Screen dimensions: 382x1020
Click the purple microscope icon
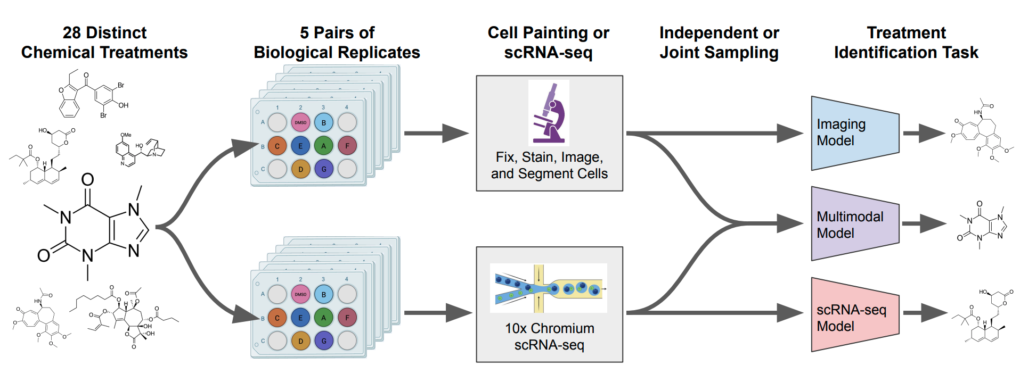pos(549,113)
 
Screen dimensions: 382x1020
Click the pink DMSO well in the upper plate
pos(300,122)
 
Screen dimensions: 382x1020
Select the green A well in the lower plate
pos(323,318)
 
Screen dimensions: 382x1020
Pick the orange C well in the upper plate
pos(277,146)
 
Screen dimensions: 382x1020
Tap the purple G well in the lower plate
pos(323,341)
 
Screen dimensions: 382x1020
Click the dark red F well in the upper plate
pos(347,146)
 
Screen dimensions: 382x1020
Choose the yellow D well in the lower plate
pos(300,341)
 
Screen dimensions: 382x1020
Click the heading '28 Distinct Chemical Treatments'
pos(104,43)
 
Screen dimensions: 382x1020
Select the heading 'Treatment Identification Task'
pos(906,43)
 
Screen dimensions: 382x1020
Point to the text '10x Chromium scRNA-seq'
pos(549,336)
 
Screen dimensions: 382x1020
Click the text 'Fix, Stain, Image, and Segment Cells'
pos(549,165)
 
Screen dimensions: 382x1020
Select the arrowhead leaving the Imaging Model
pos(933,133)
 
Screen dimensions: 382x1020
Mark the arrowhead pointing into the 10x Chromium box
pos(459,313)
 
